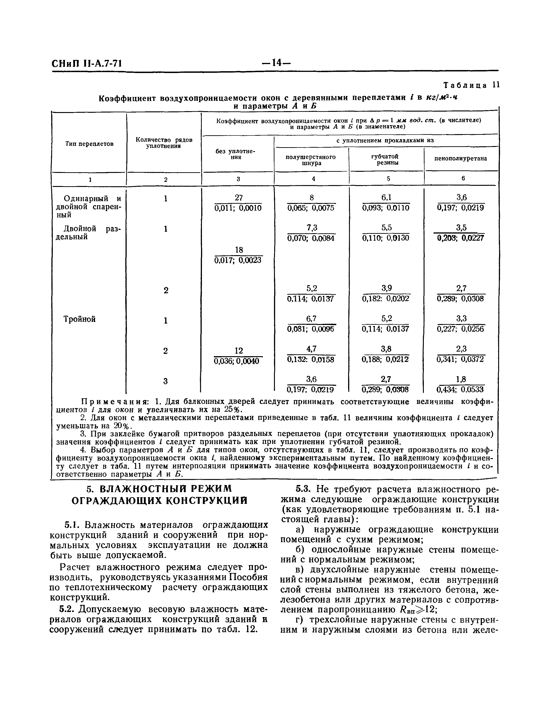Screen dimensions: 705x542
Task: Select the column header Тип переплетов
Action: pos(89,144)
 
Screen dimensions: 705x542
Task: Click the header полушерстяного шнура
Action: pos(311,160)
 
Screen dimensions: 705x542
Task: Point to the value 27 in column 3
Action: pos(239,197)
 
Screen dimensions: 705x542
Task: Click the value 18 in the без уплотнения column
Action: pos(239,250)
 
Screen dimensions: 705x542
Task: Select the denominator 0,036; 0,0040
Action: pos(239,361)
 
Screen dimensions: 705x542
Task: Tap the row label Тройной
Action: pos(79,319)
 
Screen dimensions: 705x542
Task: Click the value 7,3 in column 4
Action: pos(311,228)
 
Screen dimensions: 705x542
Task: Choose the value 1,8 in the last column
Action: pos(461,379)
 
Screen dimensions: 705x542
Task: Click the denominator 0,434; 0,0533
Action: pos(461,390)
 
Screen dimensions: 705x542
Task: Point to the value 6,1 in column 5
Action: pos(386,197)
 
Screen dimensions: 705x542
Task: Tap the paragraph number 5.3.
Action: pos(303,489)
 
